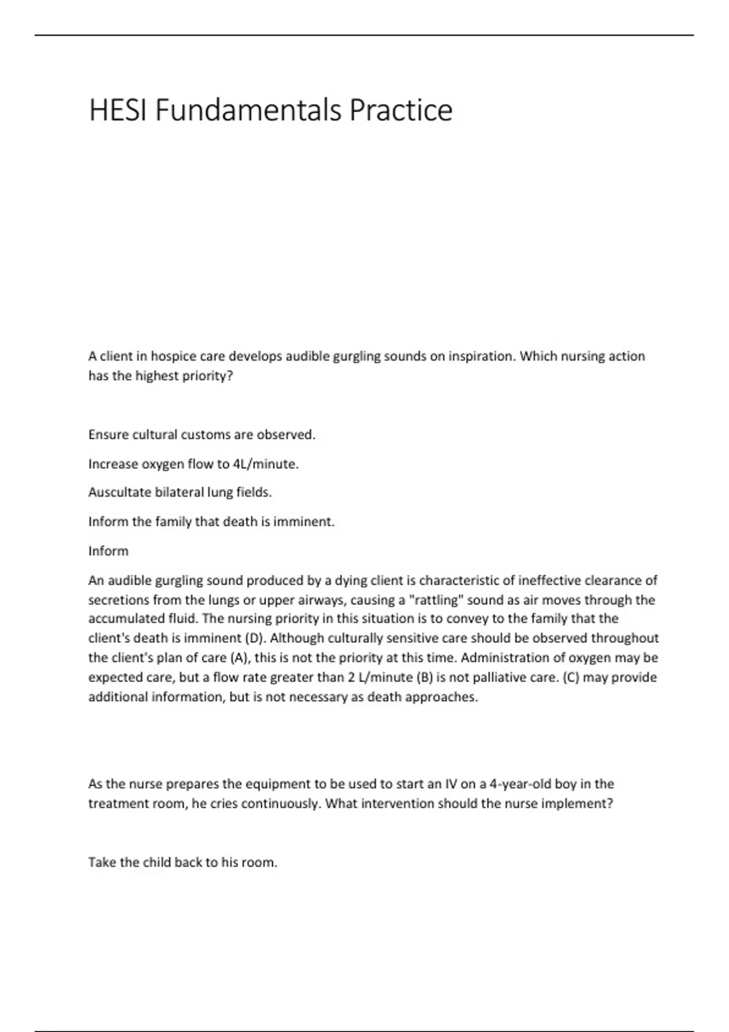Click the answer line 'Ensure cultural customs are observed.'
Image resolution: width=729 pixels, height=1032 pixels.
202,435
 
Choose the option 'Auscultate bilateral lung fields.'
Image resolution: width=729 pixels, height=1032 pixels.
180,492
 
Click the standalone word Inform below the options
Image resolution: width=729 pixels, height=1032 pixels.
108,551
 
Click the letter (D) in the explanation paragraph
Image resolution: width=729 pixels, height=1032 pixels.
254,639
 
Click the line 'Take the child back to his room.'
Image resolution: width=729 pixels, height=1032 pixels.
183,863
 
